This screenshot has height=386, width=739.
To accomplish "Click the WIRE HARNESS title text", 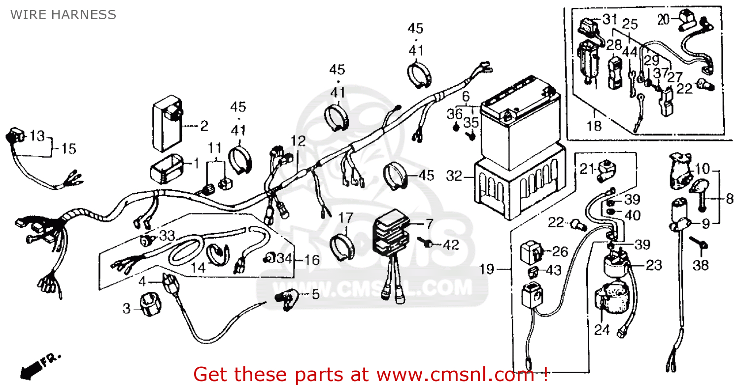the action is coord(64,15).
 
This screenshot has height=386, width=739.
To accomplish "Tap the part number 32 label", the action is coord(454,175).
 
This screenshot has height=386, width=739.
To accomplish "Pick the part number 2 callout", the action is coord(203,126).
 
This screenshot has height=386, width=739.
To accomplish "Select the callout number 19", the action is coord(487,269).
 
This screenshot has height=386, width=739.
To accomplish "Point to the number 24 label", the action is coord(603,330).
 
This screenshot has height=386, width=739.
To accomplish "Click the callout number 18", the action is coord(595,126).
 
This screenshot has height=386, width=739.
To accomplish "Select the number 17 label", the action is coord(345,217).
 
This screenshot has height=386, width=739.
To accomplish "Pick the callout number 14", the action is coord(198,268).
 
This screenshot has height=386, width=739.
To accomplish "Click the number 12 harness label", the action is coord(298,141).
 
